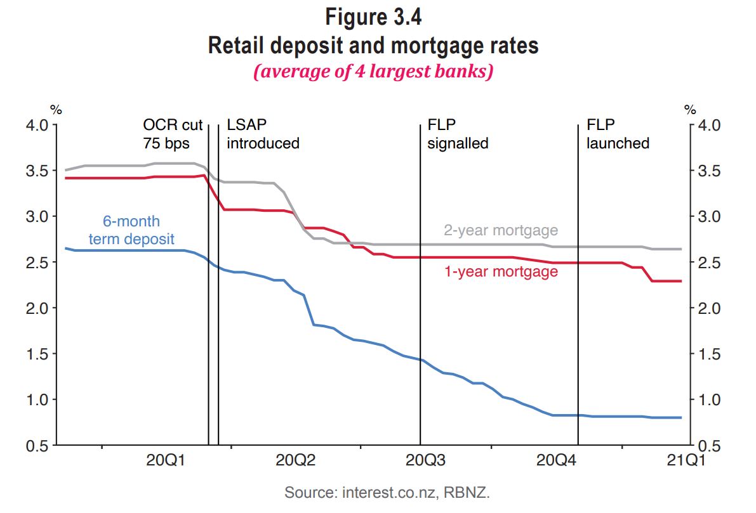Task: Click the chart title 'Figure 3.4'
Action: tap(373, 16)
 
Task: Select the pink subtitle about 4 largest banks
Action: tap(373, 72)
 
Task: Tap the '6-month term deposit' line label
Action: tap(131, 230)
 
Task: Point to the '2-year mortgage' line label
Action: tap(500, 230)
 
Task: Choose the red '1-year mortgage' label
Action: tap(500, 271)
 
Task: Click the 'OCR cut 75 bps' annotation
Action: tap(172, 134)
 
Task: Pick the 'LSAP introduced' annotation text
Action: tap(263, 134)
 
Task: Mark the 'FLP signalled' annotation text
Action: tap(458, 134)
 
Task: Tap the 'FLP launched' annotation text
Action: tap(618, 134)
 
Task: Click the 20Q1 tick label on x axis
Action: tap(165, 461)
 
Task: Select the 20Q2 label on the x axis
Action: tap(295, 461)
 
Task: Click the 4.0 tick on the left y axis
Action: tap(37, 125)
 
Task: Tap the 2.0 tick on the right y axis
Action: tap(708, 308)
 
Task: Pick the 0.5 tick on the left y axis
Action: tap(37, 446)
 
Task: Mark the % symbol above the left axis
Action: tap(56, 109)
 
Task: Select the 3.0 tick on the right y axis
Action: tap(708, 217)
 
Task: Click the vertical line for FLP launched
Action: tap(578, 285)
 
